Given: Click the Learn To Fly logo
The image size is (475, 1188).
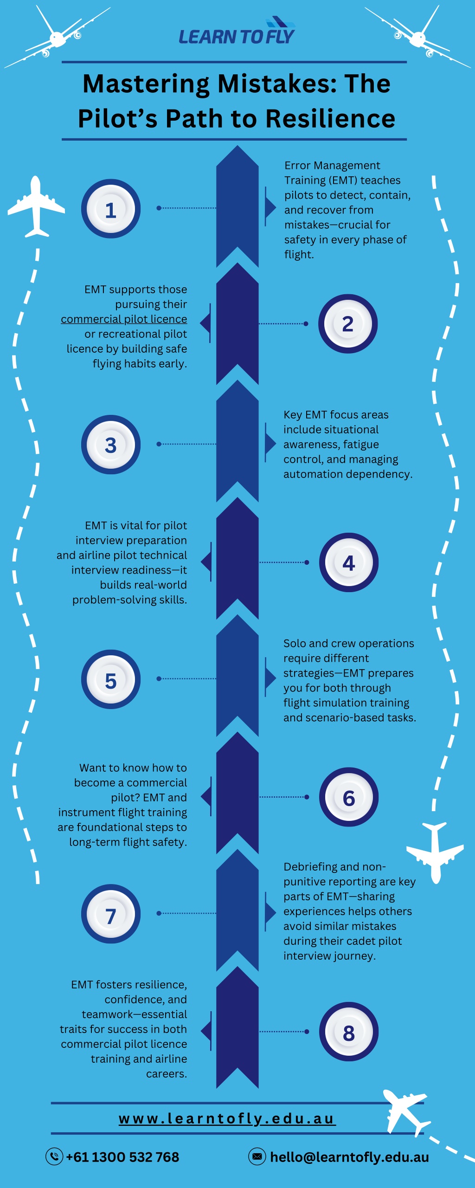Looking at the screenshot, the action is (x=237, y=32).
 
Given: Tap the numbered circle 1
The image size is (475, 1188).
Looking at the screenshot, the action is (x=111, y=209).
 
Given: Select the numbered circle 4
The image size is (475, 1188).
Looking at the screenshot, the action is (x=349, y=562).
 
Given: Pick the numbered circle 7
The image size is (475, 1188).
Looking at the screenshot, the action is (x=111, y=914).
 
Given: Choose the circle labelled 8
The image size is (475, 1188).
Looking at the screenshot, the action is (x=349, y=1032).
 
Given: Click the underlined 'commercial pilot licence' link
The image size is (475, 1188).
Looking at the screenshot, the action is (x=124, y=319).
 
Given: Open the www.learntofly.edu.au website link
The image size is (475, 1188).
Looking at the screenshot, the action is (x=227, y=1118).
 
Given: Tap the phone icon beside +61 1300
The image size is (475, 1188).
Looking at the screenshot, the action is (x=54, y=1156).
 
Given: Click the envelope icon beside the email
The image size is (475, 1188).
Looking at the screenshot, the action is (x=257, y=1156).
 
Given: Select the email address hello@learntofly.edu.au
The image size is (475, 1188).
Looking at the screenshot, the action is (x=349, y=1157).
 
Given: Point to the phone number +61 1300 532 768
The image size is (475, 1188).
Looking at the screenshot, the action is (x=122, y=1157).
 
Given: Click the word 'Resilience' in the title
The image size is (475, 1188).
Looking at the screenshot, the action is (x=330, y=118).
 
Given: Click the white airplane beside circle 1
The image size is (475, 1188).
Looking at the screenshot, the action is (x=36, y=207).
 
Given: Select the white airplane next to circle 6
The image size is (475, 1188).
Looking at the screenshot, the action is (x=435, y=852).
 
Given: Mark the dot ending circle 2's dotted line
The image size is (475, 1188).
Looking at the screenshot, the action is (x=306, y=323).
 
